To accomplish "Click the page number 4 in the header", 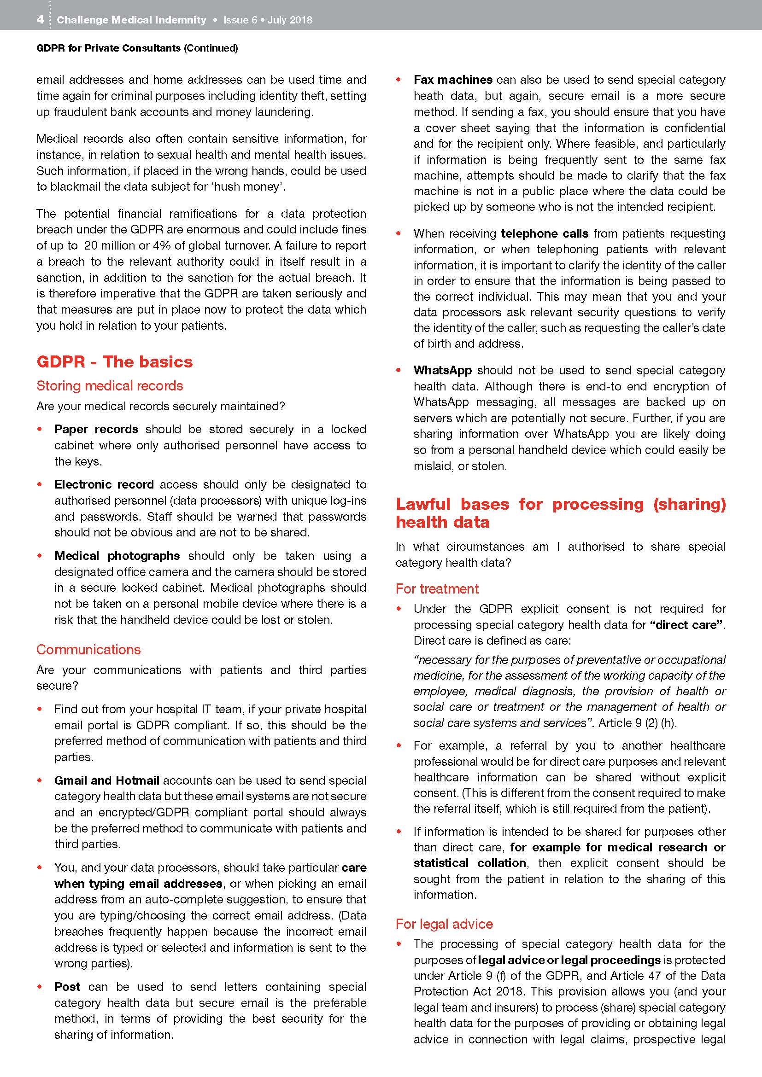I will click(x=41, y=20).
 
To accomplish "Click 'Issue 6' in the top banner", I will click(x=240, y=20).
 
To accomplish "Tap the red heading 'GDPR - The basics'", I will click(x=115, y=361).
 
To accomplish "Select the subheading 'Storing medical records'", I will click(x=109, y=385).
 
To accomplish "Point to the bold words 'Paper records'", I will click(x=96, y=429).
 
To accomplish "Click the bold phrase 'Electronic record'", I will click(x=104, y=484).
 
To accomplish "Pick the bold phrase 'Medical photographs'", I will click(x=117, y=555).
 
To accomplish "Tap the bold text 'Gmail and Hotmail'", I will click(x=107, y=780).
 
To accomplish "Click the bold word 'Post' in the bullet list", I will click(x=67, y=986).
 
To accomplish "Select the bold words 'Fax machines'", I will click(x=453, y=80).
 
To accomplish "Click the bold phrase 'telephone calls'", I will click(x=544, y=233).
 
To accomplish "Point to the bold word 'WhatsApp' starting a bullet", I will click(x=442, y=370).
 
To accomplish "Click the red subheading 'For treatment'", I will click(x=437, y=589).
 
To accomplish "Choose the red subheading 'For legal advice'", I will click(x=444, y=924).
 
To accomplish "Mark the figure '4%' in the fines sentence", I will click(x=170, y=245).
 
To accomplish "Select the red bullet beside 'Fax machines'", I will click(x=399, y=80).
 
